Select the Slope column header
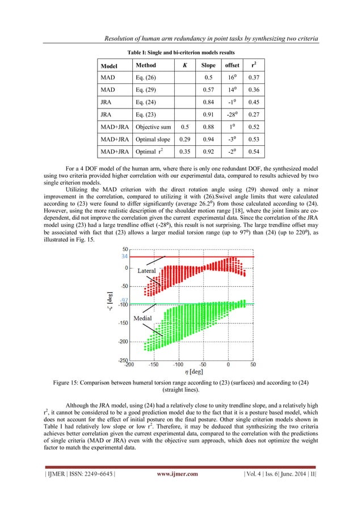[208, 65]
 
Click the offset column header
[233, 65]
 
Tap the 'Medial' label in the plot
[142, 319]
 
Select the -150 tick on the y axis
[124, 323]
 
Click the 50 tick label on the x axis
[253, 365]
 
